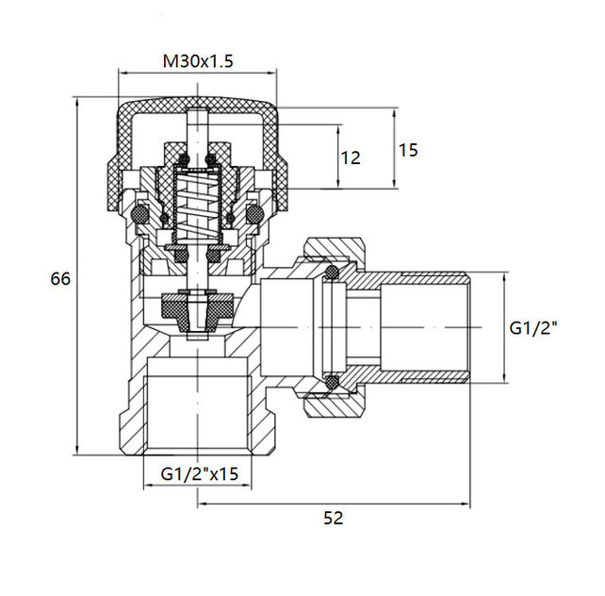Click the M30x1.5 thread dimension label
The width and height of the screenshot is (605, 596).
click(x=197, y=61)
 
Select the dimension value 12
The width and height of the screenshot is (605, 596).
click(x=350, y=158)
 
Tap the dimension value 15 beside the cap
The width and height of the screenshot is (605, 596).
click(x=408, y=150)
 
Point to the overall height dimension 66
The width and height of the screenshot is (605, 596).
click(x=60, y=279)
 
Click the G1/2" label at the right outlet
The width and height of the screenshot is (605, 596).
click(x=534, y=328)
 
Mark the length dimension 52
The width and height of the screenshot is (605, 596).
click(x=333, y=518)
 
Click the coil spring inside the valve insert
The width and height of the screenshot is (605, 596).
click(x=197, y=210)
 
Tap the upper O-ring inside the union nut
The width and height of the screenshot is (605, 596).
click(x=331, y=274)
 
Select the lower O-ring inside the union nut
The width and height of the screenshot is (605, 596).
click(x=331, y=382)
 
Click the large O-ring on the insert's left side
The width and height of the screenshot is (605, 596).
click(x=140, y=216)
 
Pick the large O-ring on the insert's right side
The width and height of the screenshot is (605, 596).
click(x=253, y=216)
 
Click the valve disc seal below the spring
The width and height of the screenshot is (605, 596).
click(x=197, y=307)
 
